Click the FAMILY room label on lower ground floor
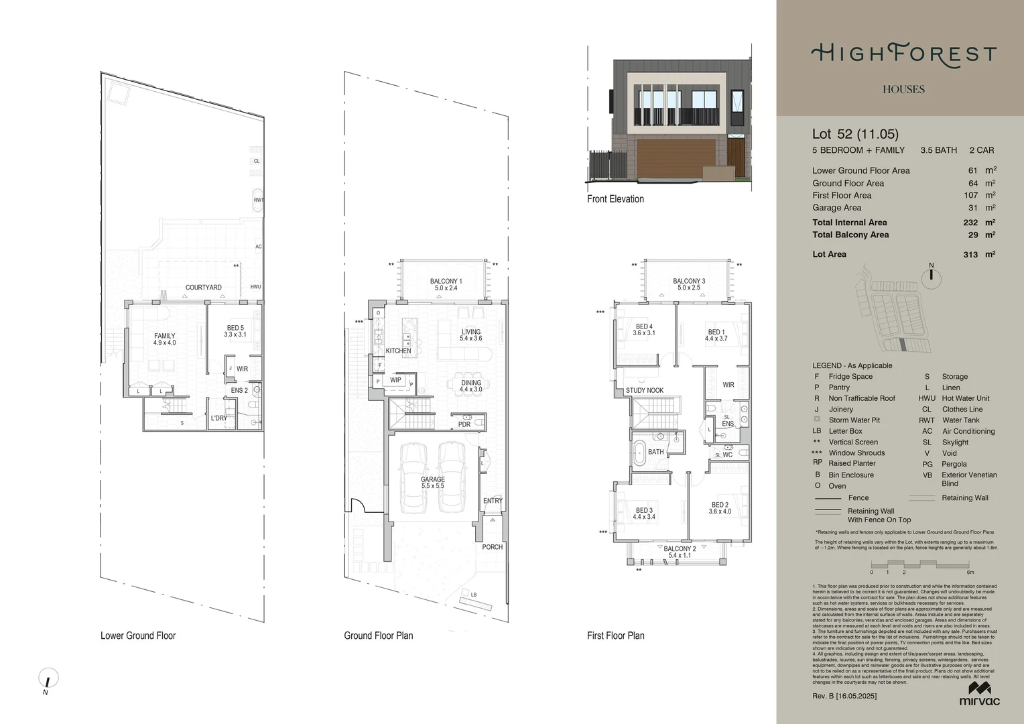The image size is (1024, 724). (x=164, y=339)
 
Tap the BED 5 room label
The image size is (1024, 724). (x=235, y=331)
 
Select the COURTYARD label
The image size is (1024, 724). (x=203, y=288)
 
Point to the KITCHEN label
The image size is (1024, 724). (x=398, y=351)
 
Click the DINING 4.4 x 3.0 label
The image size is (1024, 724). (x=470, y=386)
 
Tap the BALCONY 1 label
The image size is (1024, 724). (x=446, y=285)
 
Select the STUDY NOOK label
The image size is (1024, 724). (x=644, y=390)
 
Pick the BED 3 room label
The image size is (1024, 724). (x=643, y=514)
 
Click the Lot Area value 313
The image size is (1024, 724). (x=970, y=255)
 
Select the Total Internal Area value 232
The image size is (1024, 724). (x=970, y=223)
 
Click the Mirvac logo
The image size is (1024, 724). (x=979, y=694)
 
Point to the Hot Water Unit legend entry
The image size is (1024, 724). (x=965, y=398)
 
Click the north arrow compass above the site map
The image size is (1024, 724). (x=931, y=277)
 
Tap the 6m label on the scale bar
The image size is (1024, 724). (x=970, y=572)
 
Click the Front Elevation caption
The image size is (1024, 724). (x=615, y=199)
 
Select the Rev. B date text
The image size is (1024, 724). (x=844, y=696)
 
